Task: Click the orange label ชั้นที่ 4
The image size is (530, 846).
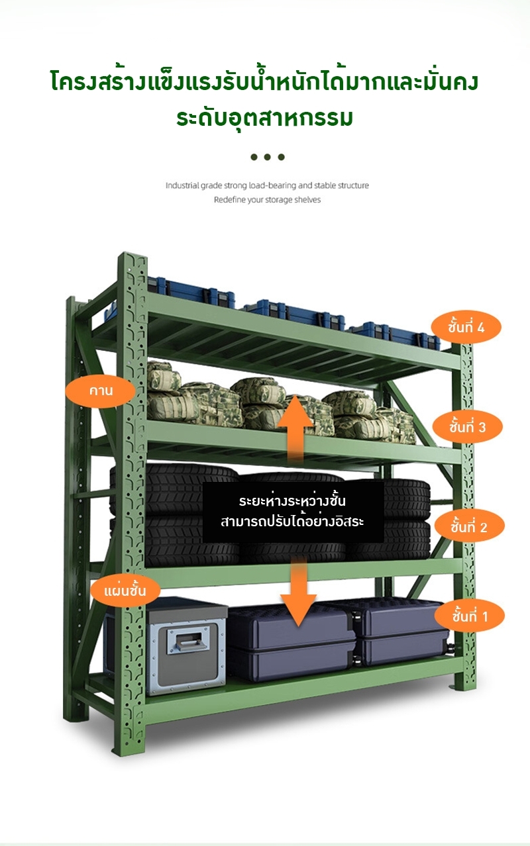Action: click(x=466, y=327)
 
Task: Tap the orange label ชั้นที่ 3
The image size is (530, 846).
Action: click(x=467, y=427)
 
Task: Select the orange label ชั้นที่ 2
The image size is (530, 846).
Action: click(x=469, y=527)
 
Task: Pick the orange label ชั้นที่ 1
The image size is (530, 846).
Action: click(x=470, y=617)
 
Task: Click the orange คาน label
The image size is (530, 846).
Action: click(x=101, y=391)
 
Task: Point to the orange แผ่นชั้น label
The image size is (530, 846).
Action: click(x=125, y=589)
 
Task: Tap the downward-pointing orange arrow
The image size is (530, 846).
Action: click(x=299, y=592)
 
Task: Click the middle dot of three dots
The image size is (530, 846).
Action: click(x=267, y=157)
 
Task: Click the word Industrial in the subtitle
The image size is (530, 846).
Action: click(x=182, y=185)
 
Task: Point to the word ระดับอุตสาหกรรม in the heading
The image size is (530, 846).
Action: click(x=264, y=118)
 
